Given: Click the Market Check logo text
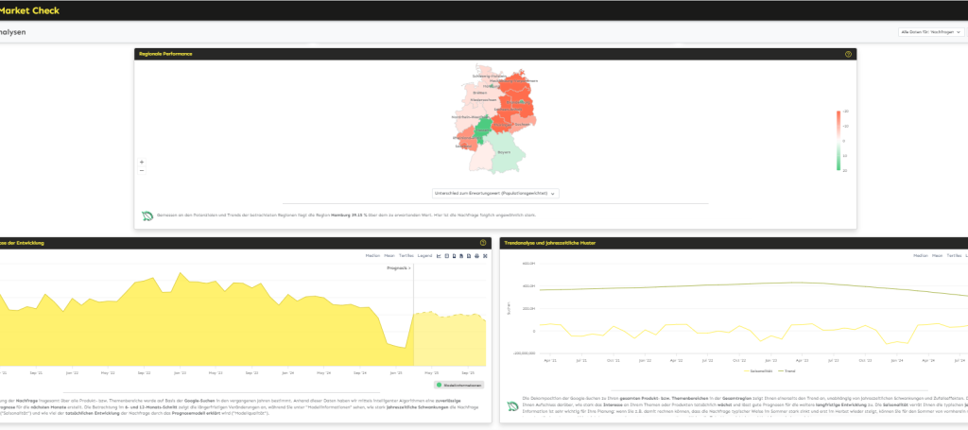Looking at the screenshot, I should click(31, 9).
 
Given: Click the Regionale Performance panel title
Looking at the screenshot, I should click(165, 54).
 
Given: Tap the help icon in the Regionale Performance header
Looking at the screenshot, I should click(848, 54).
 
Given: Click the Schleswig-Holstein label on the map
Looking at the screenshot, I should click(488, 76).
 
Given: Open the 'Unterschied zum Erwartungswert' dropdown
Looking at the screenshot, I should click(494, 193).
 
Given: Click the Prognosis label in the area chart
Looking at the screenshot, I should click(398, 268).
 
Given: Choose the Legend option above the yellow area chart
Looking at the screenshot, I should click(425, 255).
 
